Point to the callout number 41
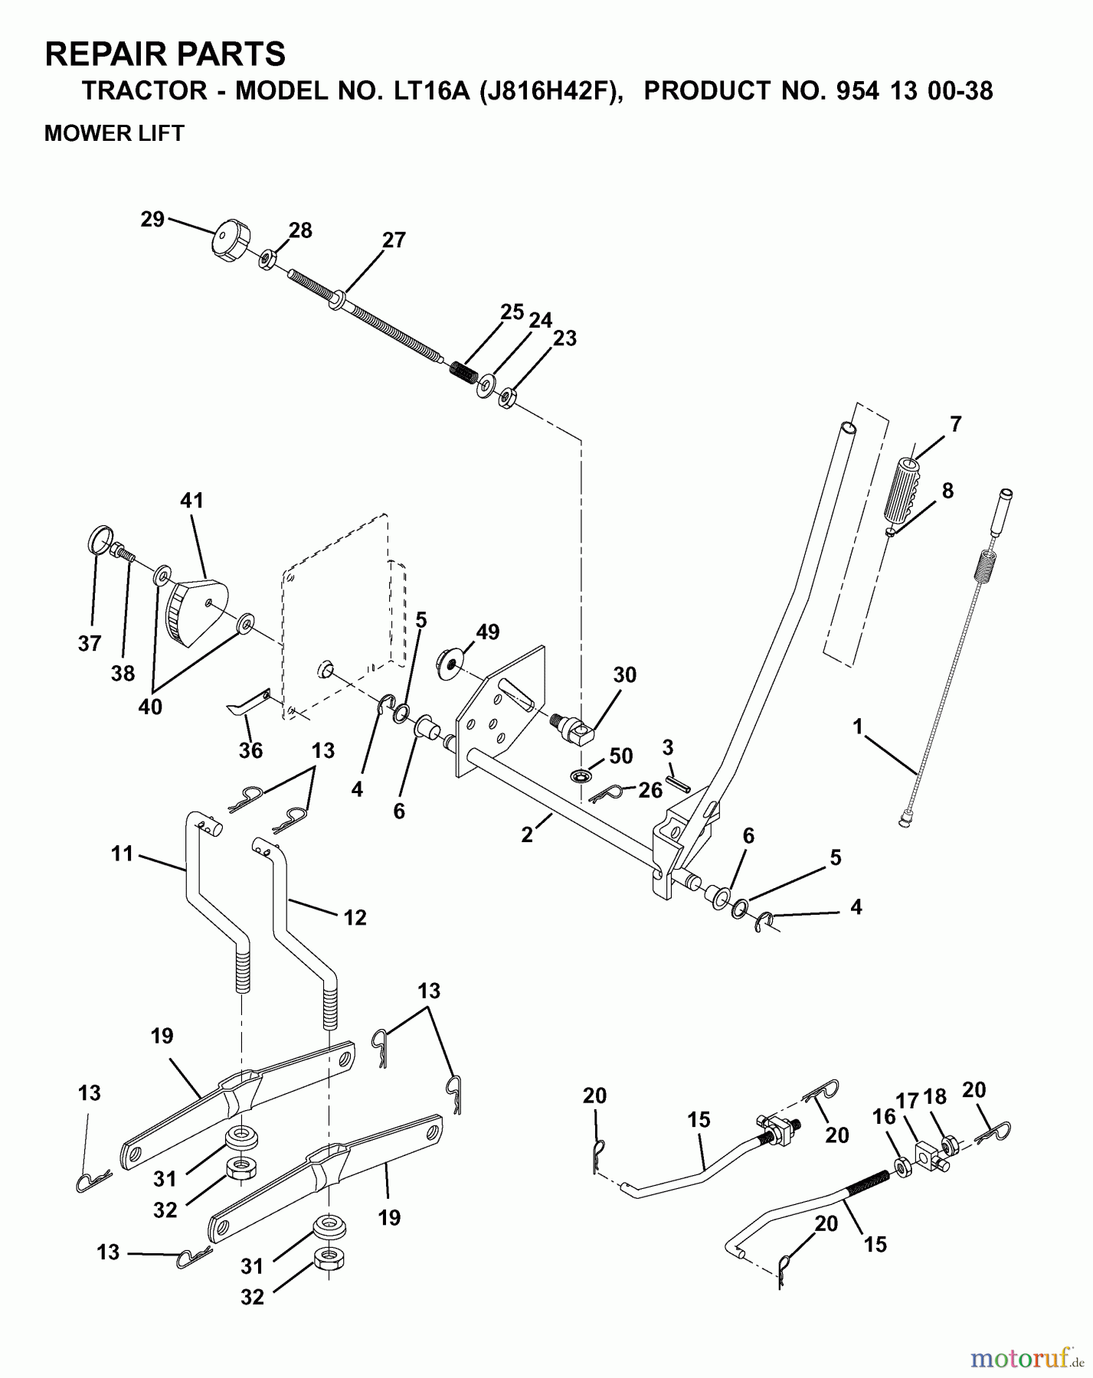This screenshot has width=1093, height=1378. [191, 501]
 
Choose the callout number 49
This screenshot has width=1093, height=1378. [487, 632]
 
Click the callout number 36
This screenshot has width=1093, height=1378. [250, 750]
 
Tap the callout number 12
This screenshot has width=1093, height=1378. [355, 916]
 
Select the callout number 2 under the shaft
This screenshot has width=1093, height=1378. [526, 835]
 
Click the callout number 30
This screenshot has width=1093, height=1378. [624, 675]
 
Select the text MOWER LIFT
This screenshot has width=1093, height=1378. [114, 133]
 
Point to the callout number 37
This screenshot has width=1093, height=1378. [90, 643]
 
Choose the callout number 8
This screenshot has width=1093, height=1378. [947, 491]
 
